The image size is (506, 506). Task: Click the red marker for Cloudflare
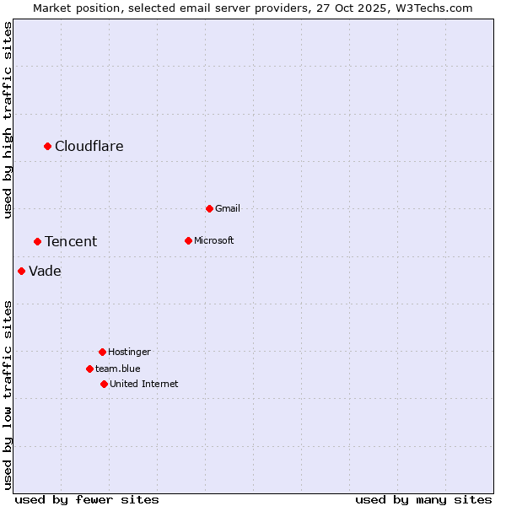(48, 146)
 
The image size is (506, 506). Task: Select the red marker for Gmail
(209, 208)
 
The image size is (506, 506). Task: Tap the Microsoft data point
(188, 240)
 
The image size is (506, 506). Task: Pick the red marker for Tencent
(37, 241)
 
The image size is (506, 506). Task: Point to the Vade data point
(21, 271)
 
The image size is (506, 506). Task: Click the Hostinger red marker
(102, 352)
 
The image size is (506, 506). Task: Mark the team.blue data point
(89, 369)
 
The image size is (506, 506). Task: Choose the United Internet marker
(104, 384)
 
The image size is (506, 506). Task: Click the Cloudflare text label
(89, 146)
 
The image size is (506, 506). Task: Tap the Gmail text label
(228, 208)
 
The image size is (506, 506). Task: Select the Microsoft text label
(214, 240)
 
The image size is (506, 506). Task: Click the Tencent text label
(71, 241)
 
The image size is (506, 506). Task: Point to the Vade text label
(45, 271)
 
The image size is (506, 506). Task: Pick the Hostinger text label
(129, 352)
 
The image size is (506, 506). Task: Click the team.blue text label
(118, 369)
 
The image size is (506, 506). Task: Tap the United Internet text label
(143, 384)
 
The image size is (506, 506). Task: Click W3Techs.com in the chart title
(435, 8)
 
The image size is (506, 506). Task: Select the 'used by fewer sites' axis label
(87, 499)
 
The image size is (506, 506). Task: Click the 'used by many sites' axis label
(423, 499)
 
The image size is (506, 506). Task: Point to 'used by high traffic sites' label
(8, 120)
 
